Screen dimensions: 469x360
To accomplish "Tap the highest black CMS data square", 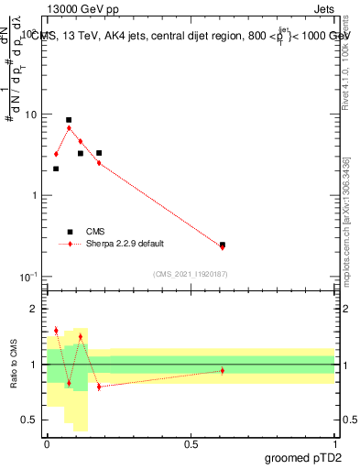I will coord(69,120).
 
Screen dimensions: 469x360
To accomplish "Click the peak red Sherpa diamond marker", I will coord(69,128).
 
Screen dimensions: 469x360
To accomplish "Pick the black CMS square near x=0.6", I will coord(223,245).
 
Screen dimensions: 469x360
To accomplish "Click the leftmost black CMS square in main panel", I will coord(56,169).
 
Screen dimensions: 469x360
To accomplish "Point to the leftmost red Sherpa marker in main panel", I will coord(56,154).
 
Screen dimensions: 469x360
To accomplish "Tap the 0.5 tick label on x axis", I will coord(191,443).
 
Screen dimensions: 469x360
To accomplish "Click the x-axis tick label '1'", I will coord(335,443).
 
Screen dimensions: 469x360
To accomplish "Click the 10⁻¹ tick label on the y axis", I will coord(31,277).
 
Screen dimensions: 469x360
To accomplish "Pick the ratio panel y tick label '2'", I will coord(37,309).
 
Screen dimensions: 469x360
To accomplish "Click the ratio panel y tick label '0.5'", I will coord(32,420).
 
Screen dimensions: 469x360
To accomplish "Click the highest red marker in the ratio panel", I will coord(56,330).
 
